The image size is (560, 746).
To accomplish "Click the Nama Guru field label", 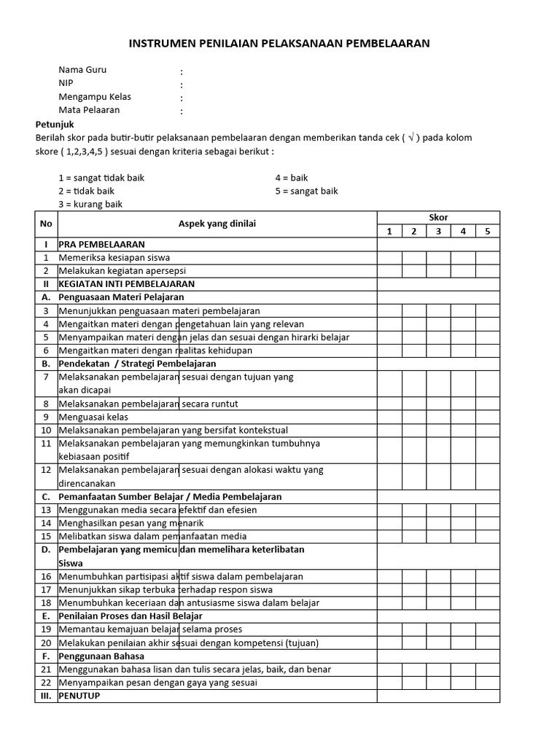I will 82,70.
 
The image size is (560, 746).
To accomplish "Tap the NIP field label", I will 66,83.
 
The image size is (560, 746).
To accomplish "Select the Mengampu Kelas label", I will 95,97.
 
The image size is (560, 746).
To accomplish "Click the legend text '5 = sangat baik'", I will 306,191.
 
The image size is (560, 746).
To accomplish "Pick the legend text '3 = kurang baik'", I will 90,204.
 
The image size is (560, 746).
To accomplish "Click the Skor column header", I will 438,217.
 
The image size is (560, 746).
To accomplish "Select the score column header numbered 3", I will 438,231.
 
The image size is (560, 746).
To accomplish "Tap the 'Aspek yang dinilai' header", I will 217,224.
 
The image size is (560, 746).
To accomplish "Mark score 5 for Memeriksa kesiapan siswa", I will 487,257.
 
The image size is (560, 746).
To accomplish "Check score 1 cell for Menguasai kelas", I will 389,417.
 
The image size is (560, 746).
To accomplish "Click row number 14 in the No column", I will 46,523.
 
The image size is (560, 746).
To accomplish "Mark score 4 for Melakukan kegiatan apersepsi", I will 463,270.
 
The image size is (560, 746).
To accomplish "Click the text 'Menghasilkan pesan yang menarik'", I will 131,523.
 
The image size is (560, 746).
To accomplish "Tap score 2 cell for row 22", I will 413,683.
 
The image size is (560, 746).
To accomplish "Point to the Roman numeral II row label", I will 46,283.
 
